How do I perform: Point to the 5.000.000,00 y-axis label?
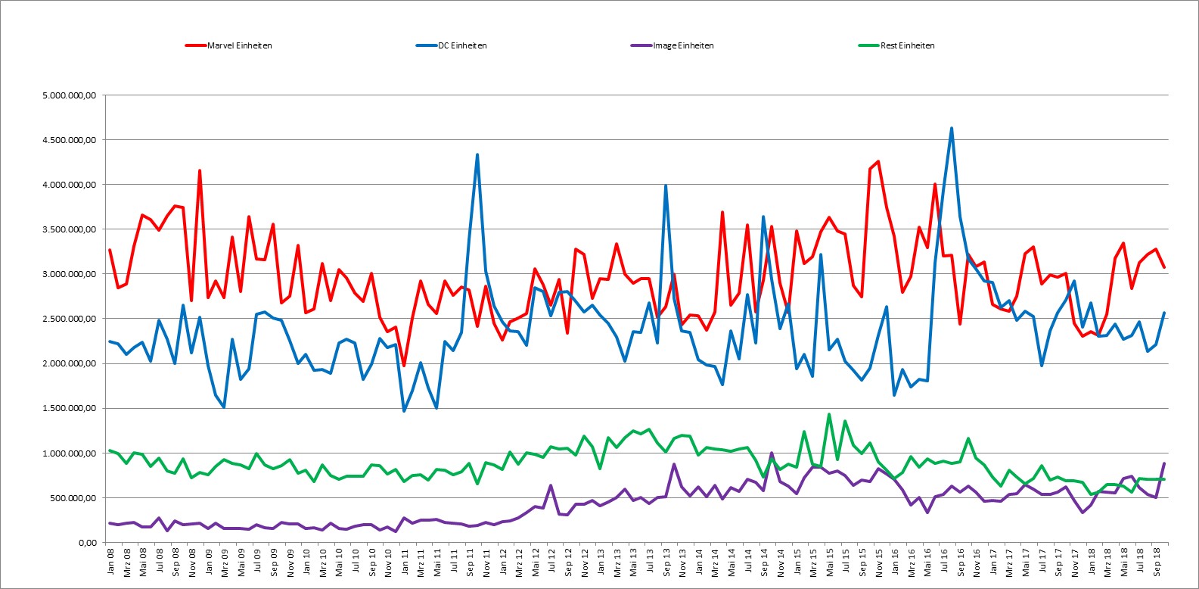click(70, 95)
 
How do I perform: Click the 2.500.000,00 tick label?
click(70, 319)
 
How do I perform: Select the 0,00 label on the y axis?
click(87, 543)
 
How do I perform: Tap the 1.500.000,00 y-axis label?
click(70, 409)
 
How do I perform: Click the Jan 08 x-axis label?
click(110, 561)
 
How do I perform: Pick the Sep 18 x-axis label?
click(1156, 561)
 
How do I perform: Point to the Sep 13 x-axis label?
click(666, 561)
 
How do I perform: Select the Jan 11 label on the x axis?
click(405, 561)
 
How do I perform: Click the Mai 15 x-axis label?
click(830, 561)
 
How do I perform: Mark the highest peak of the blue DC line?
click(952, 128)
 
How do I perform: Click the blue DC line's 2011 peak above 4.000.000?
click(477, 154)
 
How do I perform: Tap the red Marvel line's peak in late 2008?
click(200, 170)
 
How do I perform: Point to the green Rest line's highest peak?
click(829, 414)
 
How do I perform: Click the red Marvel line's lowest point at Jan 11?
click(404, 366)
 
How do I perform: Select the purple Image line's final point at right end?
click(1163, 463)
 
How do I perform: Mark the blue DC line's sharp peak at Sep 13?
click(666, 185)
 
